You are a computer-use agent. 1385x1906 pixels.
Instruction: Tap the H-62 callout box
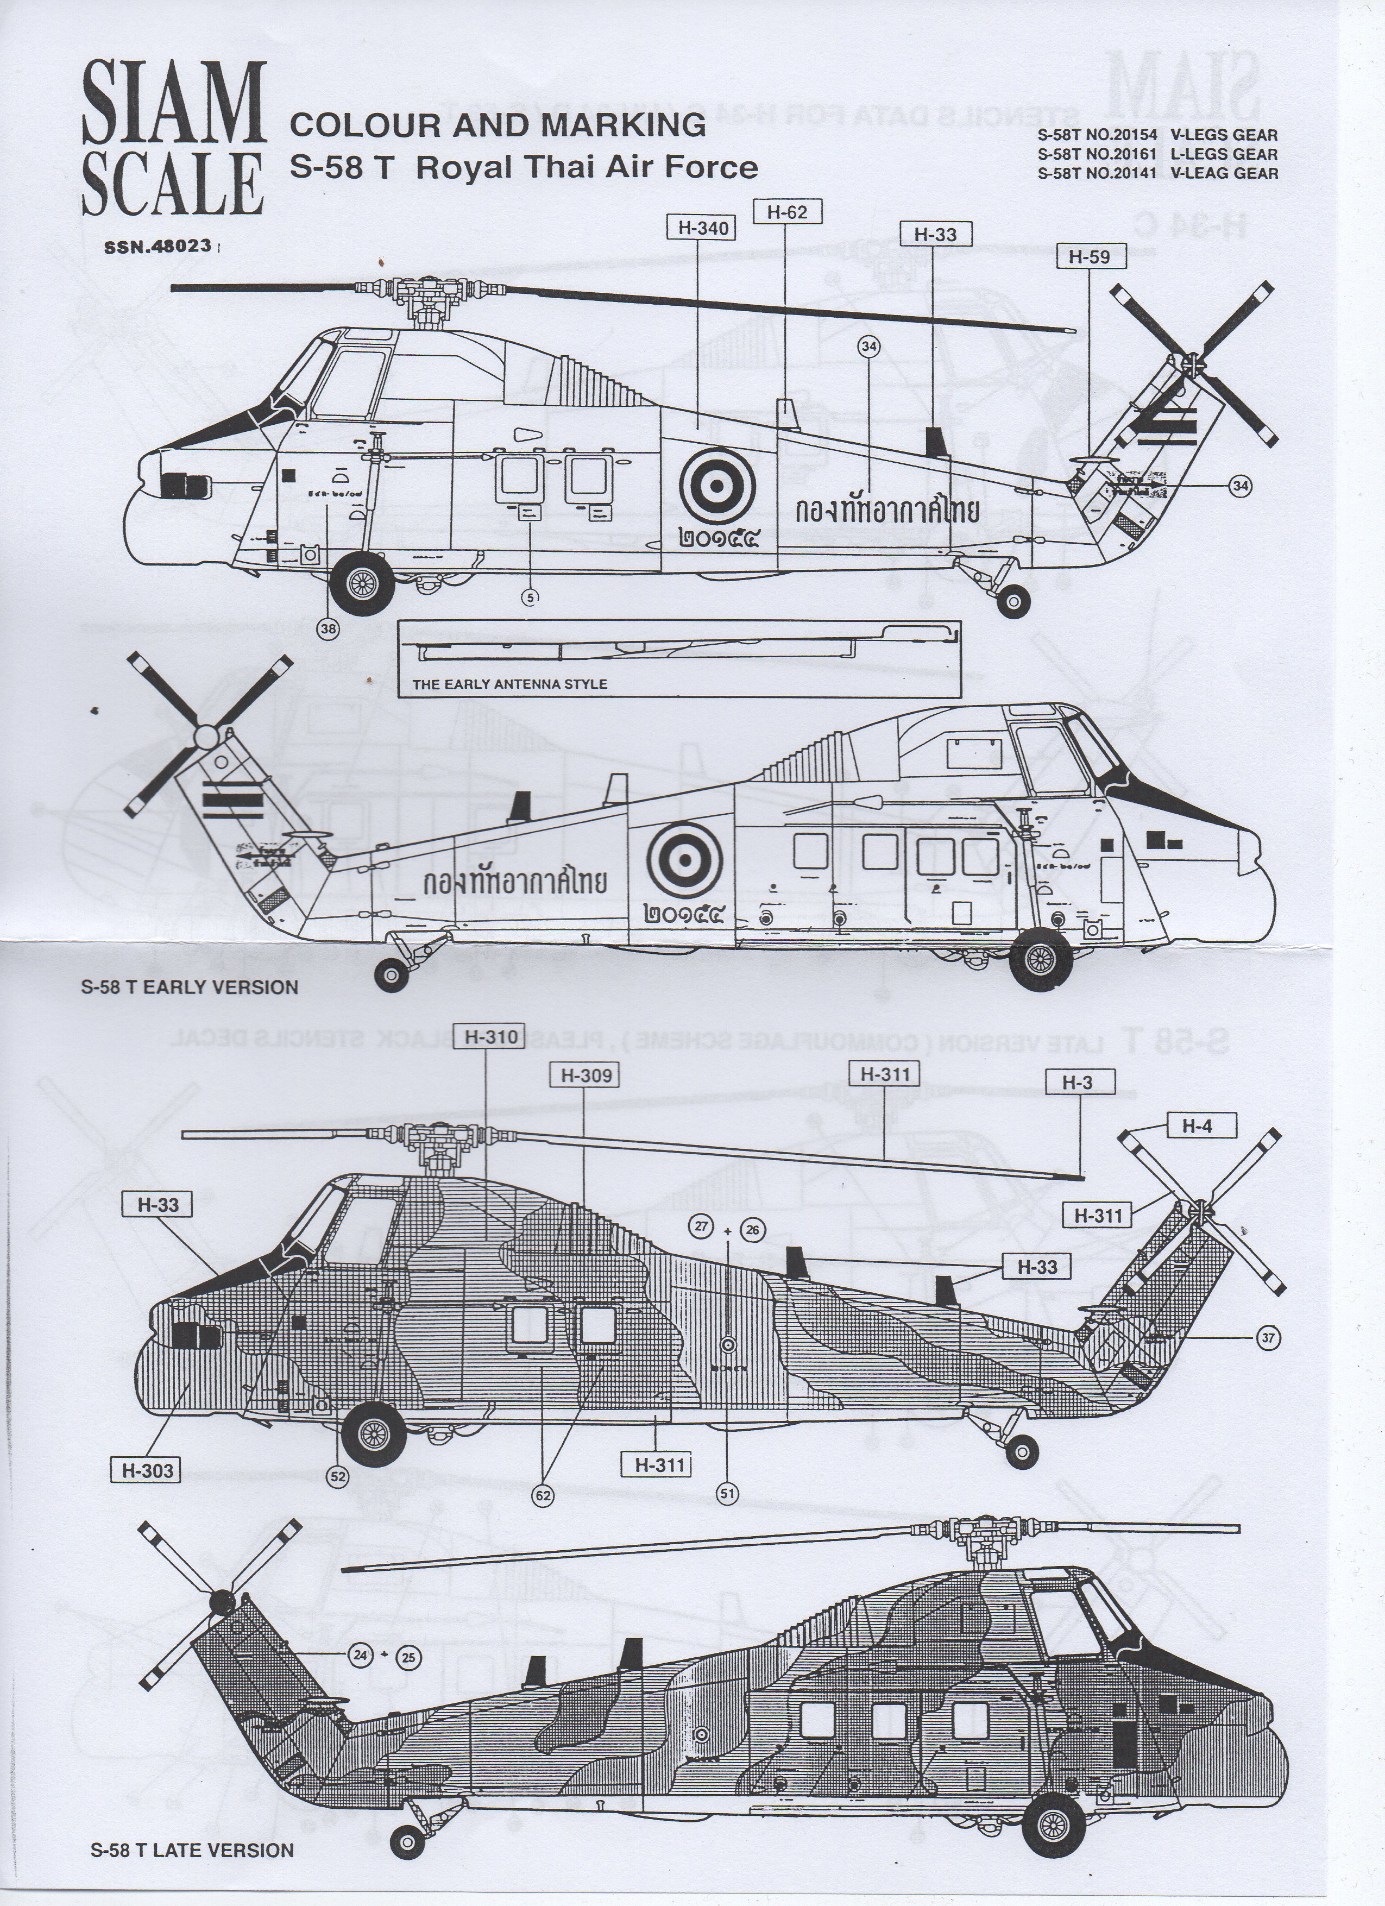coord(786,212)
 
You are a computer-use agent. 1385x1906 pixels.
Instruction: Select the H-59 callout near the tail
coord(1089,257)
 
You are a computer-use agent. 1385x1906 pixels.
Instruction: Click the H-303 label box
coord(148,1470)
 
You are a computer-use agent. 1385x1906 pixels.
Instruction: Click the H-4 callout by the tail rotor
coord(1197,1126)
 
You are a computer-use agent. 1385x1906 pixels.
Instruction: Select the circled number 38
coord(329,630)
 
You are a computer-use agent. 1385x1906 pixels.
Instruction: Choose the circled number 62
coord(543,1495)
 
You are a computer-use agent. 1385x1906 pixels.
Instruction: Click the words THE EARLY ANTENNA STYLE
coord(509,684)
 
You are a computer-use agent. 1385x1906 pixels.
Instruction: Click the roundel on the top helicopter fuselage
coord(717,482)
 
